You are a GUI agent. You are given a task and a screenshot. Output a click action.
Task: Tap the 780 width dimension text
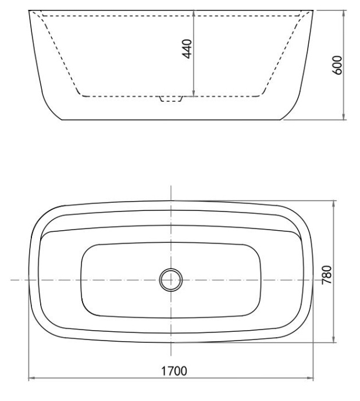click(327, 273)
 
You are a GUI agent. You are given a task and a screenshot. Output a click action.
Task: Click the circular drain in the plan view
click(170, 280)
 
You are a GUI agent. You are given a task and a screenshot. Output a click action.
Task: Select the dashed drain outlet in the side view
click(170, 99)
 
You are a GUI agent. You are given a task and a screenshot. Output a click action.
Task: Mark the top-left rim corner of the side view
click(29, 10)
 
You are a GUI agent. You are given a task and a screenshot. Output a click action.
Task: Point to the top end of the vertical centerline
click(170, 186)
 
